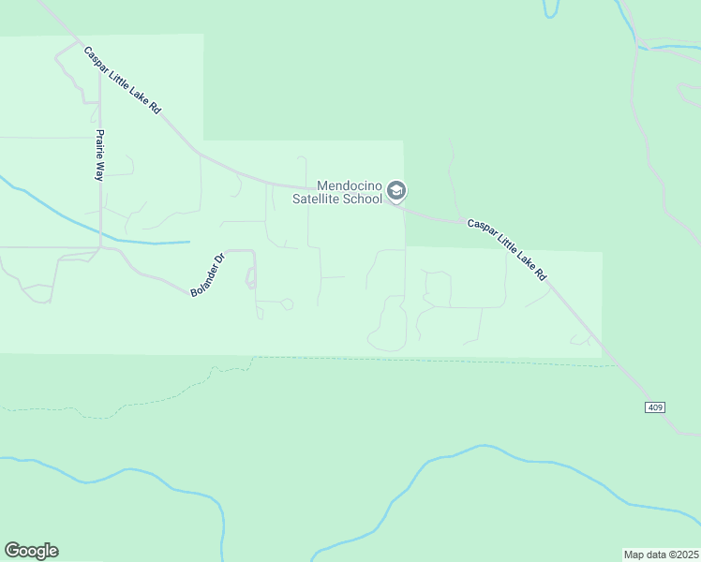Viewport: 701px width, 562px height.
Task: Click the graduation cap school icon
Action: [396, 191]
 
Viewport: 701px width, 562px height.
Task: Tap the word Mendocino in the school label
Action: [351, 185]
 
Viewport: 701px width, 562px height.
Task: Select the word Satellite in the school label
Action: [319, 199]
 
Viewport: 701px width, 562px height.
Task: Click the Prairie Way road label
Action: [98, 155]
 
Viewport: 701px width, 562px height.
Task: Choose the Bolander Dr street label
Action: [208, 275]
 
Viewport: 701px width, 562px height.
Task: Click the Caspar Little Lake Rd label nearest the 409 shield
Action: [507, 250]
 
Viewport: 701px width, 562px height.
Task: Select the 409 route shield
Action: [655, 407]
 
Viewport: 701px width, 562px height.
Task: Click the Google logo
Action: [31, 551]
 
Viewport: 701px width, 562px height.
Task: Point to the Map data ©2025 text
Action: [661, 554]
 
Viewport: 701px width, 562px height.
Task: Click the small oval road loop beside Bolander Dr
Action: [250, 277]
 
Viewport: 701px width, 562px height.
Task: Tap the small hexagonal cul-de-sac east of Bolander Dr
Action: [288, 304]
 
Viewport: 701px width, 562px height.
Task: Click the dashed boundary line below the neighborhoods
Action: [422, 360]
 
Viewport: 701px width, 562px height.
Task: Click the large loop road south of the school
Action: [388, 323]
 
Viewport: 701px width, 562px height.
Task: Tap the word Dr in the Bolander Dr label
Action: [220, 259]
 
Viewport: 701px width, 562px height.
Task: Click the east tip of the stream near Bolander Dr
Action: [189, 243]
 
